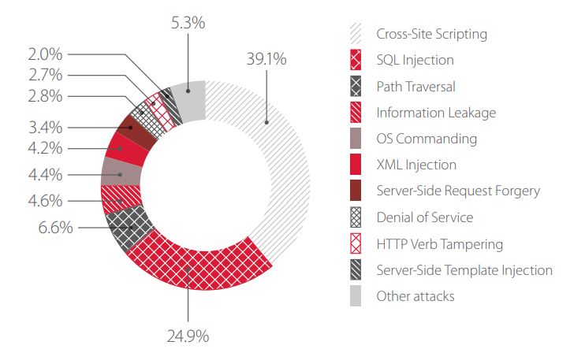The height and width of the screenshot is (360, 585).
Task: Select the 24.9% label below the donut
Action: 188,336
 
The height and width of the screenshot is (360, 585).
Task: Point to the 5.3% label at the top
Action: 188,23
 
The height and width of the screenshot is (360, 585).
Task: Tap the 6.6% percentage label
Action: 56,228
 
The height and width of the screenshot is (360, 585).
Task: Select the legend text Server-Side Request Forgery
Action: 458,191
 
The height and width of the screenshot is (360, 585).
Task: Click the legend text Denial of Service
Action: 425,217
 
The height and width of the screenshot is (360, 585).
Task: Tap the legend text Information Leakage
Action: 436,112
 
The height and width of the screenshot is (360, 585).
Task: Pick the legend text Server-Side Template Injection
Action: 464,270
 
